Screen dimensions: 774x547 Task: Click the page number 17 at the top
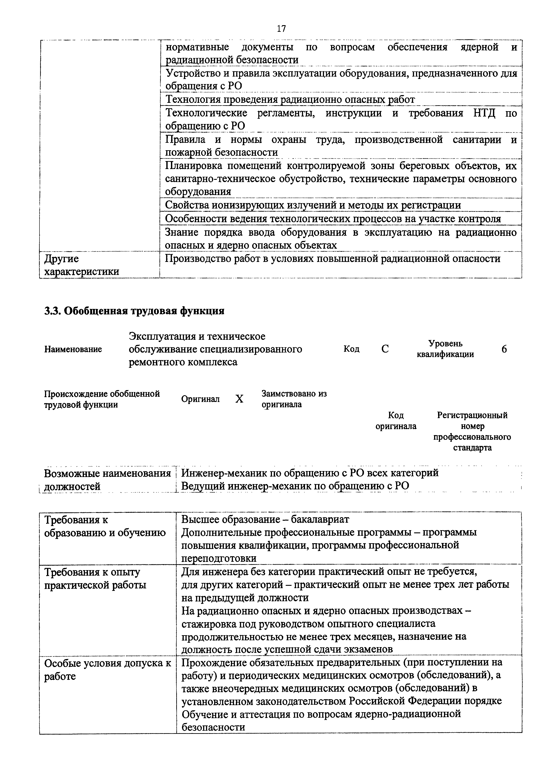[x=281, y=29]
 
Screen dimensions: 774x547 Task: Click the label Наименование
[x=73, y=349]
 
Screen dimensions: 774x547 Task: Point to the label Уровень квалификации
[x=445, y=349]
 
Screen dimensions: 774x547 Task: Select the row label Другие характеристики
[x=82, y=265]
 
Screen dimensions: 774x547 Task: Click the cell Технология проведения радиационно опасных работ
[x=290, y=100]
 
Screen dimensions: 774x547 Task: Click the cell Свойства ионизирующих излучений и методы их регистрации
[x=313, y=205]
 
